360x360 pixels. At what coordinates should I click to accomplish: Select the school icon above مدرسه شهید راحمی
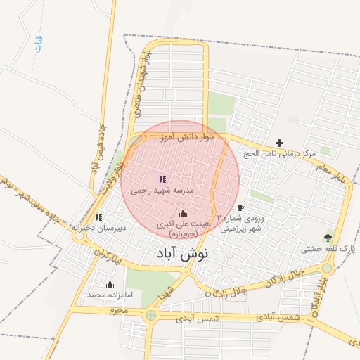click(x=162, y=180)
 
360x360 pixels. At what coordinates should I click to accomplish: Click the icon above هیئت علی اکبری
click(x=183, y=213)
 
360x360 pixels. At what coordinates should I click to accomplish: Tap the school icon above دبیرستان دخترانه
click(x=98, y=217)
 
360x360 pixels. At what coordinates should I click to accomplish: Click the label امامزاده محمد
click(x=105, y=295)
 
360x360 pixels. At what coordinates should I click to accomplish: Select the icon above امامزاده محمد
click(x=110, y=285)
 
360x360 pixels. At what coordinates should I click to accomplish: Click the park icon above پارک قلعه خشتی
click(x=328, y=238)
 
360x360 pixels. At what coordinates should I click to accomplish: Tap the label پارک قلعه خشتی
click(x=328, y=249)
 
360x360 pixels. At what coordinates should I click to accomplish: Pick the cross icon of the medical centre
click(x=279, y=143)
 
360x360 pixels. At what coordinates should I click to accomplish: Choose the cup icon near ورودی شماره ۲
click(x=240, y=208)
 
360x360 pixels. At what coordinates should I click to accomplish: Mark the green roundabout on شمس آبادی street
click(x=151, y=316)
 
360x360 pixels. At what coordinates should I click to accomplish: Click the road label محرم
click(x=118, y=310)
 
